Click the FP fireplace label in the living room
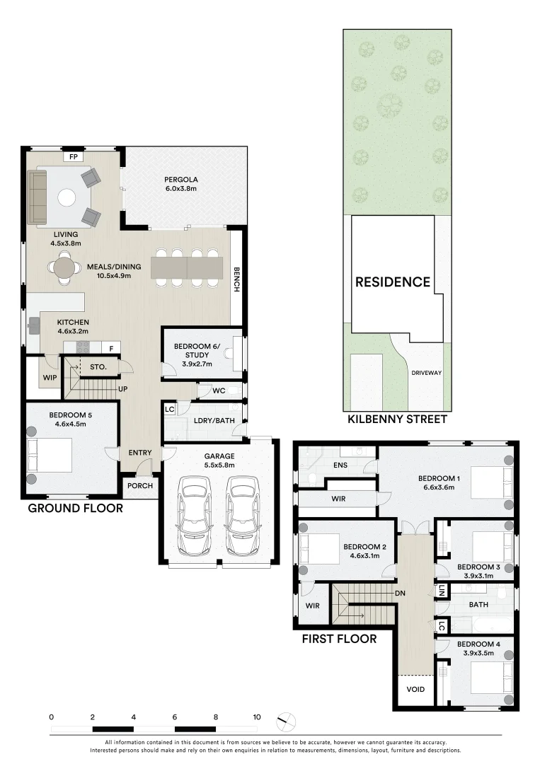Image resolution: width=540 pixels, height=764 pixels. (x=74, y=157)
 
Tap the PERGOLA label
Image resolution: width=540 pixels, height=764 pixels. (x=180, y=180)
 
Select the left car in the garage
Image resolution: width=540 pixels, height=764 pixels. (x=195, y=516)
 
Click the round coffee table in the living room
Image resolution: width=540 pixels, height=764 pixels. (x=67, y=197)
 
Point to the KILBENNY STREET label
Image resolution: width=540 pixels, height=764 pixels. (x=397, y=419)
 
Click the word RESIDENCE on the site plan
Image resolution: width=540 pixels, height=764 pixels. (x=393, y=282)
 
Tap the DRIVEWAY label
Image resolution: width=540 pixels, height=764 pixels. (x=427, y=373)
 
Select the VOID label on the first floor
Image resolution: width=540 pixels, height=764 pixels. (x=415, y=690)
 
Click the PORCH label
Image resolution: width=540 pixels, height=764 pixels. (x=140, y=486)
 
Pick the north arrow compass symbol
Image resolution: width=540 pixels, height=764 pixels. (x=287, y=721)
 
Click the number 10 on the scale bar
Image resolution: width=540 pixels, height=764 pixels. (x=257, y=717)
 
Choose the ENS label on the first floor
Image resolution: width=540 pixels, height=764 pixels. (x=340, y=465)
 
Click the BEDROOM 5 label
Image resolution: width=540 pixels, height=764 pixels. (x=70, y=415)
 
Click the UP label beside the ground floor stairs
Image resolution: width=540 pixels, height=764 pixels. (x=123, y=389)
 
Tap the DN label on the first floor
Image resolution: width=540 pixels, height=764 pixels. (x=400, y=594)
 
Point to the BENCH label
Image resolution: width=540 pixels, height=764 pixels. (x=236, y=279)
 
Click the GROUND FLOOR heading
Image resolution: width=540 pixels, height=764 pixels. (x=76, y=508)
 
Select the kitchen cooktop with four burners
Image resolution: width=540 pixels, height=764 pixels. (x=83, y=347)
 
